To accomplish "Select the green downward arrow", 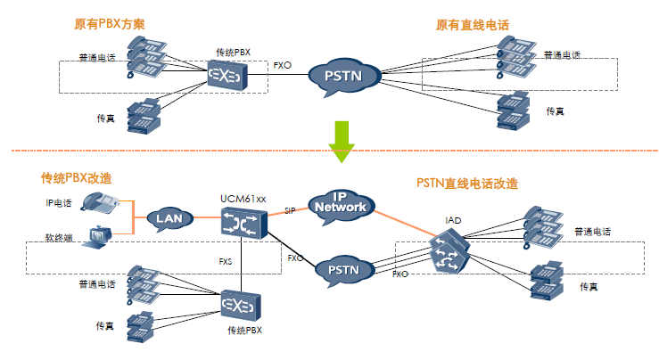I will [340, 140].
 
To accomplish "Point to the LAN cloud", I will [169, 218].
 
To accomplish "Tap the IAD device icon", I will [445, 253].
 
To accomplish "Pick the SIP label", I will [290, 211].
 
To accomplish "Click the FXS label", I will [227, 262].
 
